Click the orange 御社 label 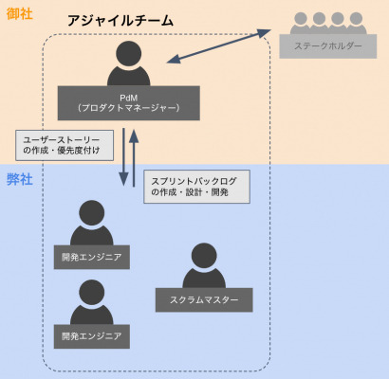20,13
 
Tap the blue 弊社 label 20,179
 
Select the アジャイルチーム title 120,21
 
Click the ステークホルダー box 328,46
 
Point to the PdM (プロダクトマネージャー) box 128,103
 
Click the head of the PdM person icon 128,54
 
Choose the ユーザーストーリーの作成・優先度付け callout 65,145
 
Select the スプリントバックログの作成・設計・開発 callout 196,187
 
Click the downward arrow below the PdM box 123,157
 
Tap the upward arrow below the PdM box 134,157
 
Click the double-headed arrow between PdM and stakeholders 219,46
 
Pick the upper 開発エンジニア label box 92,257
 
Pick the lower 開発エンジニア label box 92,336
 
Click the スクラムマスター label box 204,299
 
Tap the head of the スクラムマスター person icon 204,256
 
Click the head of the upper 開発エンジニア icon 92,213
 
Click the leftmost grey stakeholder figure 300,23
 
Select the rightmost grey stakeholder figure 357,23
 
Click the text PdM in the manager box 128,98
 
